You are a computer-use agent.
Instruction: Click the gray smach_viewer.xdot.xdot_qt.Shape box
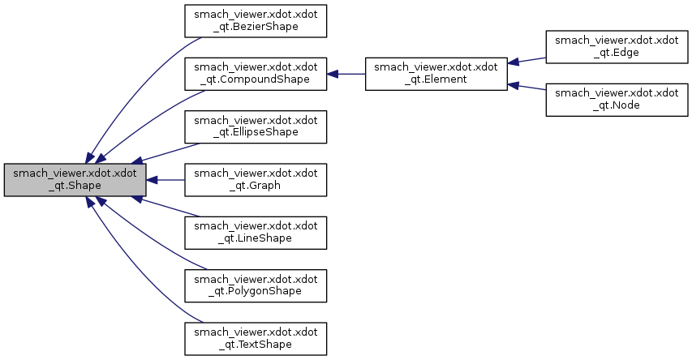[x=75, y=180]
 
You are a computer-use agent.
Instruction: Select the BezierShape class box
[x=256, y=21]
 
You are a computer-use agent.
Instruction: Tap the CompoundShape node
[x=256, y=74]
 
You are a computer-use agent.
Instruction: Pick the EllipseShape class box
[x=256, y=126]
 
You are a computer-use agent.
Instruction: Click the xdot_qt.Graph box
[x=256, y=179]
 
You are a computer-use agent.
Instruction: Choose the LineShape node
[x=256, y=232]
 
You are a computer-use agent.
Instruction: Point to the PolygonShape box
[x=256, y=285]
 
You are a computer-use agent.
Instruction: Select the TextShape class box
[x=256, y=337]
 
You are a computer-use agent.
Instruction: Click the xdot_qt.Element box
[x=436, y=74]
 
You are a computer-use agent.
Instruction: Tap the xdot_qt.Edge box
[x=617, y=48]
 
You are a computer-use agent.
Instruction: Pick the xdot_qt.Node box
[x=617, y=101]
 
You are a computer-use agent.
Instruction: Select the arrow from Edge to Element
[x=527, y=61]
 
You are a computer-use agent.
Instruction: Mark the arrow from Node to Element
[x=527, y=87]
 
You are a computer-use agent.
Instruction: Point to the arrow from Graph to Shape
[x=165, y=179]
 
